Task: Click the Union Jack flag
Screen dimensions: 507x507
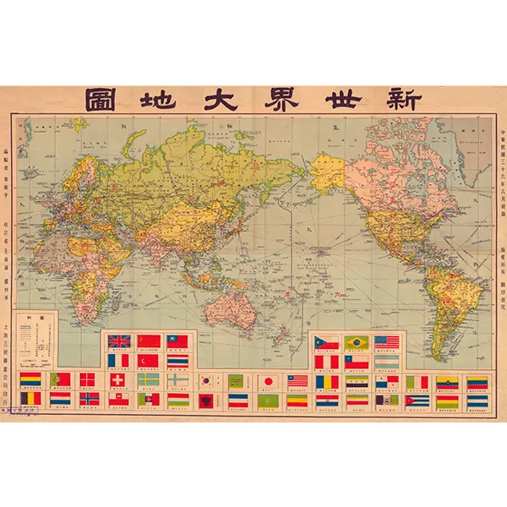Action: click(x=119, y=341)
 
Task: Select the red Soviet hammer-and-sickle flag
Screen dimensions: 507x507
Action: click(x=148, y=341)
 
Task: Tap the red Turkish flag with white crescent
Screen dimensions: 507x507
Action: click(x=148, y=360)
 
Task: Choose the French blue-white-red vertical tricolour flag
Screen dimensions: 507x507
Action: click(x=119, y=360)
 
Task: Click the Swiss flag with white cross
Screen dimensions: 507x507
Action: click(x=119, y=380)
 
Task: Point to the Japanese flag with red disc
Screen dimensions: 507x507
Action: click(x=268, y=380)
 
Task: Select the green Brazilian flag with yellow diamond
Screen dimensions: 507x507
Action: click(x=356, y=341)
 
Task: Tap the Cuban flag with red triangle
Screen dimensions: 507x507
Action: click(x=417, y=400)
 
